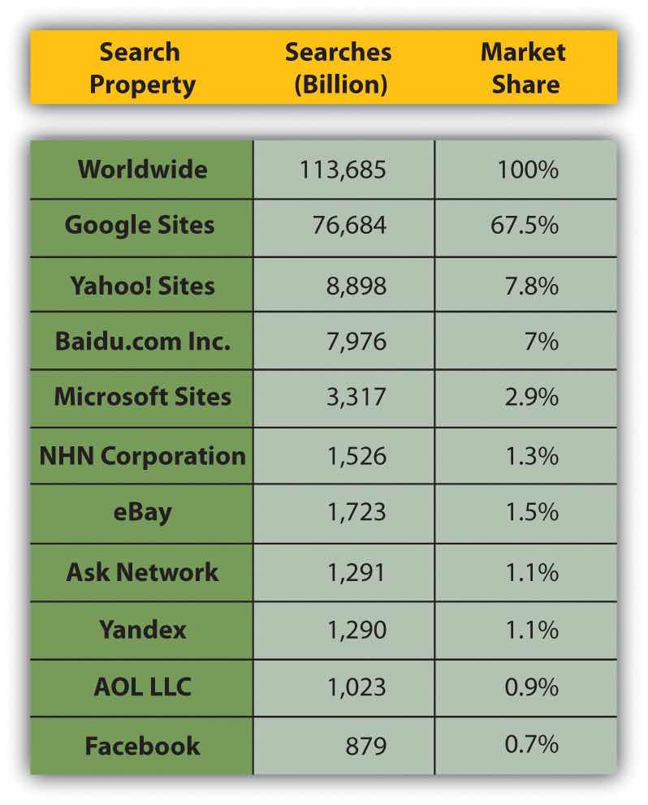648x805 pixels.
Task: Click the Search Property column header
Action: pos(142,68)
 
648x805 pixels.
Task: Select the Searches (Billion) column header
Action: pos(338,68)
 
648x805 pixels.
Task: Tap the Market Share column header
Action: pos(522,68)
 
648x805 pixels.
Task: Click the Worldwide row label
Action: pos(142,170)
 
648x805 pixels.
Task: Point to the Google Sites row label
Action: pos(140,225)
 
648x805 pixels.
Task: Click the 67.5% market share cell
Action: pos(524,225)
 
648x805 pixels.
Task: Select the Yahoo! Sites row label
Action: pos(142,285)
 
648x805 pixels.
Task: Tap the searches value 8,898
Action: pos(356,285)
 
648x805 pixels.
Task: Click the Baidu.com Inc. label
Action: pos(142,341)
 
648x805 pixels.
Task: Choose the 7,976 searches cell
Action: pos(356,341)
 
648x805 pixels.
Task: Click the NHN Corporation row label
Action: pos(142,455)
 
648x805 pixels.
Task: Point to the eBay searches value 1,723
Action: pos(356,513)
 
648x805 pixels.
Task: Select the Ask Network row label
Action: pos(142,571)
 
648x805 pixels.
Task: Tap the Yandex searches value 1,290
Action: pos(356,630)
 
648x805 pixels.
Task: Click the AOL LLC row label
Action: pos(142,687)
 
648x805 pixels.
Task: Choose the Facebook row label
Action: pos(142,746)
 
